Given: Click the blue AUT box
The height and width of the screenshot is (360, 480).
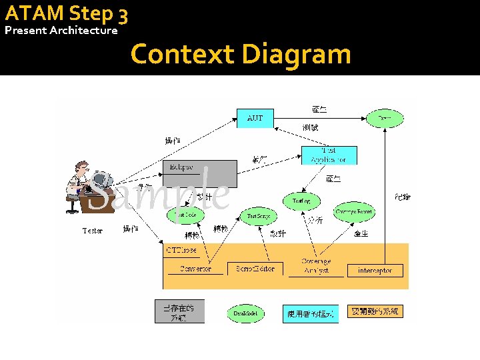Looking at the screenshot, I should coord(255,118).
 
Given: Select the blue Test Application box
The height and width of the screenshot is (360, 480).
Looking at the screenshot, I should coord(329,155).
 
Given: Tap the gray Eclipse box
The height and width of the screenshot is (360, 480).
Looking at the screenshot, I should coord(199,173).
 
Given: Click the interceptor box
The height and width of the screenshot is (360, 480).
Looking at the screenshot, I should coord(379,270).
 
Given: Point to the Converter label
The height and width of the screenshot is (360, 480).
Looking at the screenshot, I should coord(195,269).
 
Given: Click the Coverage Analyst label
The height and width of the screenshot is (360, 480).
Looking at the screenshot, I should coord(316,266).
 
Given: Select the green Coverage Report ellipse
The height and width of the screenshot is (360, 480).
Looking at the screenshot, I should coord(354,212).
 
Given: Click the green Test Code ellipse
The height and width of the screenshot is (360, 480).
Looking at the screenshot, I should coord(186,215).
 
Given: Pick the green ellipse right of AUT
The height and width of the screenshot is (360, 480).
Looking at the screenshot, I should coord(385,118).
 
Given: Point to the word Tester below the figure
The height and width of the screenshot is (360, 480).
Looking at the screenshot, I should coord(93,231).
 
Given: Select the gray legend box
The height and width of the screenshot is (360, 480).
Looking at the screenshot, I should coord(179,311).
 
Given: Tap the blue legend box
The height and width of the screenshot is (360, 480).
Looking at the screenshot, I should coord(311,313).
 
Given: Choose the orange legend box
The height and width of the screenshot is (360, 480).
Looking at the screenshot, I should coord(375,311).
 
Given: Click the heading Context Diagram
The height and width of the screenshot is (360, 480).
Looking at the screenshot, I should coord(241,53).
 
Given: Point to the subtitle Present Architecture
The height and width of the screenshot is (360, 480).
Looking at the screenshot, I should coord(61,31).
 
